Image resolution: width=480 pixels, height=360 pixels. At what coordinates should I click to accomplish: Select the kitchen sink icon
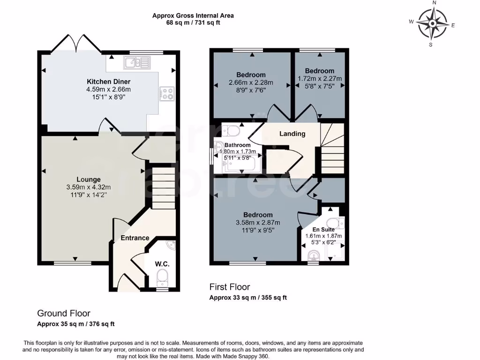(x=137, y=62)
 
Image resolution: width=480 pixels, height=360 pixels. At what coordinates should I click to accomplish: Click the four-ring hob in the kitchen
(x=166, y=93)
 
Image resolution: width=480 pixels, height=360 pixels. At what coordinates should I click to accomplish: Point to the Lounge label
(x=89, y=180)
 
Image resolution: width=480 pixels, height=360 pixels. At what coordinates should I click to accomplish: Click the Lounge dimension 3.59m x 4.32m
(x=89, y=187)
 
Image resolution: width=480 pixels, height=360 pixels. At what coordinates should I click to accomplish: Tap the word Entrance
(x=135, y=238)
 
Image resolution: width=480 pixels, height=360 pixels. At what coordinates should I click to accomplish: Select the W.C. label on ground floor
(x=162, y=264)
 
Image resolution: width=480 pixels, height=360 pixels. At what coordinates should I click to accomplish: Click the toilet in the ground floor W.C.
(x=162, y=277)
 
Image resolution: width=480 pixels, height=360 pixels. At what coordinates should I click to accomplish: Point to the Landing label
(x=292, y=134)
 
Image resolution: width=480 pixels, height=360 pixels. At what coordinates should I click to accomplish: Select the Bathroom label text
(x=237, y=145)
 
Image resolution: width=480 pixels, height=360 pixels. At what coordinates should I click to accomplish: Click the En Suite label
(x=323, y=229)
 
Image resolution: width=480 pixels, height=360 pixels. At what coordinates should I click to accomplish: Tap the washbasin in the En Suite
(x=314, y=255)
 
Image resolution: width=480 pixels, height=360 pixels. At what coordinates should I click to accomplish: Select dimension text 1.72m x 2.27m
(x=320, y=78)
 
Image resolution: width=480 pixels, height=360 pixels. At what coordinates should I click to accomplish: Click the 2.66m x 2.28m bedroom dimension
(x=251, y=82)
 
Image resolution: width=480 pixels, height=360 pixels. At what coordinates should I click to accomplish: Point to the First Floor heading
(x=230, y=287)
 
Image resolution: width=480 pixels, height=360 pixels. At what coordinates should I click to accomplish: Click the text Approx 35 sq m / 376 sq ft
(x=76, y=324)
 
